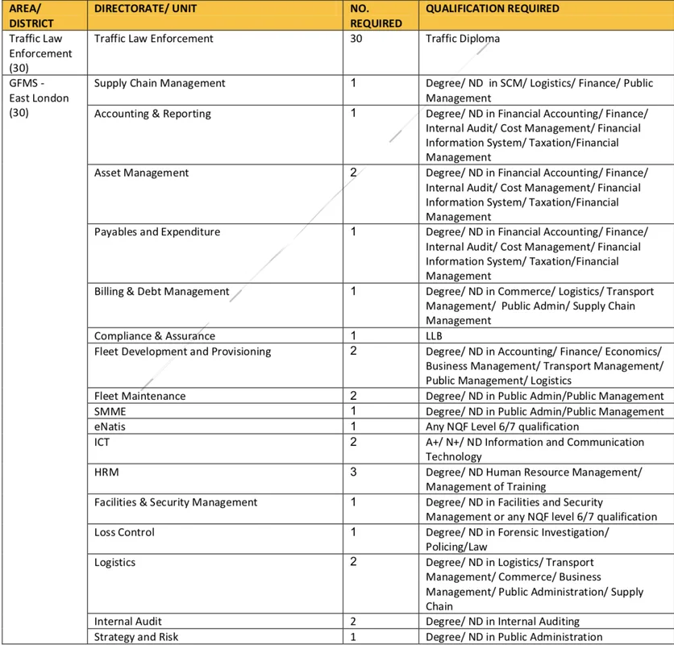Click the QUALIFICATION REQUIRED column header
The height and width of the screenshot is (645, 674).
tap(493, 9)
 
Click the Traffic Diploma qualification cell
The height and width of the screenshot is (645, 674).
tap(463, 39)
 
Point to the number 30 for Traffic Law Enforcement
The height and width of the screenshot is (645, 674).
tap(357, 39)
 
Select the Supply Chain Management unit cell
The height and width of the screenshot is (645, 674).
tap(160, 83)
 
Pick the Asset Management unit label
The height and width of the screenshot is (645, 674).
tap(142, 173)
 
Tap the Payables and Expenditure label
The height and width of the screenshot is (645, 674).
tap(157, 232)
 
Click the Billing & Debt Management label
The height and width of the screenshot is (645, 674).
tap(161, 292)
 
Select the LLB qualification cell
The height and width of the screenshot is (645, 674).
tap(435, 336)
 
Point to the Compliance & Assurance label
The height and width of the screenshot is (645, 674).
tap(155, 336)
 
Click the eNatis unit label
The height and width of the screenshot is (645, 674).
tap(110, 427)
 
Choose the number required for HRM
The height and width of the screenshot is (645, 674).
tap(354, 472)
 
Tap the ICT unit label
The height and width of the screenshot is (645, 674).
tap(102, 442)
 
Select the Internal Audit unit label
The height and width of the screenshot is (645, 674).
tap(127, 622)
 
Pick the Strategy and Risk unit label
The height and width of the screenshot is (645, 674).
tap(136, 637)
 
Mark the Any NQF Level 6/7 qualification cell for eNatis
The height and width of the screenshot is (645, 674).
tap(502, 427)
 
